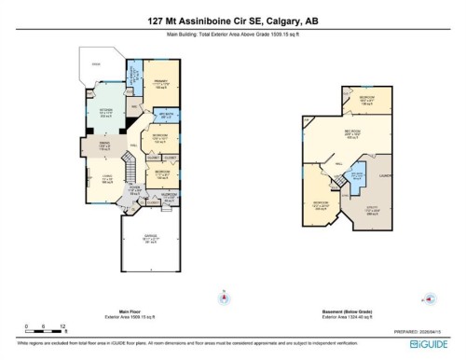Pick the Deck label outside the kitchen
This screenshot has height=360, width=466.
point(95,64)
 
